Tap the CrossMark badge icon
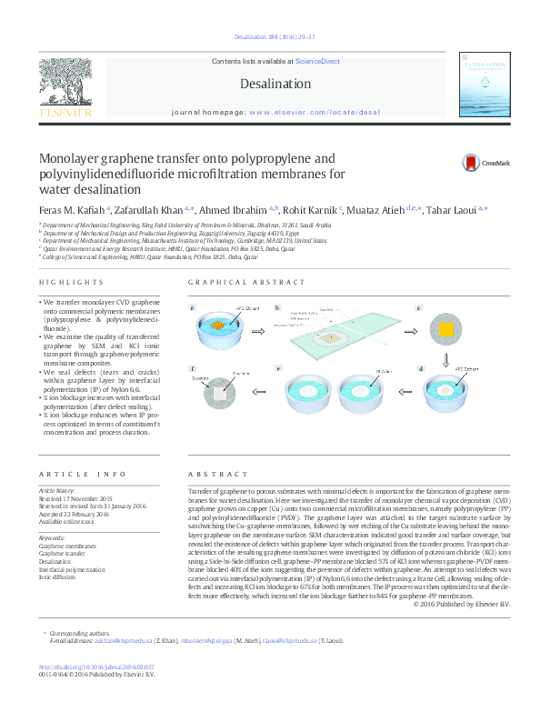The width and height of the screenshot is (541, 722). (x=472, y=163)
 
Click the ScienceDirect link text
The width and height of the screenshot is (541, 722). (x=317, y=61)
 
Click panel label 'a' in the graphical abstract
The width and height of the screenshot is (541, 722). (x=193, y=308)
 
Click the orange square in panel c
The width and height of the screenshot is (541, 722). (x=446, y=329)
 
